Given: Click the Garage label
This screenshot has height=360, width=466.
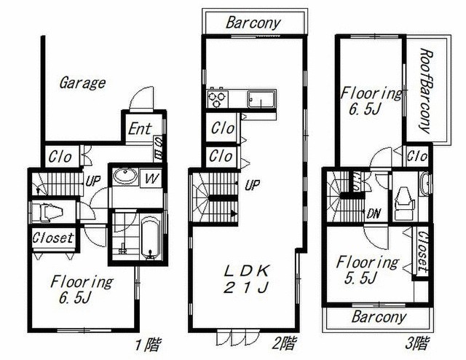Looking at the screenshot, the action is (82, 83).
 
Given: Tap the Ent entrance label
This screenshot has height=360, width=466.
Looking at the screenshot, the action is (140, 129).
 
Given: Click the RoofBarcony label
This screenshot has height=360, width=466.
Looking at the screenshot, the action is (425, 91).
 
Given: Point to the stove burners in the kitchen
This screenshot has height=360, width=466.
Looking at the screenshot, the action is (218, 98).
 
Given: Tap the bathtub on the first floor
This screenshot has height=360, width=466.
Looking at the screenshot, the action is (151, 238).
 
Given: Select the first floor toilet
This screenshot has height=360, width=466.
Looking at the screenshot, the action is (47, 213).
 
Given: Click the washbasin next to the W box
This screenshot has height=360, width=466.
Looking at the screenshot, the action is (125, 176).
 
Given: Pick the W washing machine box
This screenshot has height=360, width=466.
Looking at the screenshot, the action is (151, 179).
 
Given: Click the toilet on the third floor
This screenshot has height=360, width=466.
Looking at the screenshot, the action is (403, 203).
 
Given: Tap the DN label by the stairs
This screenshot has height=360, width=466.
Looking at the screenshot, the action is (374, 214).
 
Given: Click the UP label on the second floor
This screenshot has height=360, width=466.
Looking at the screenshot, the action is (253, 185).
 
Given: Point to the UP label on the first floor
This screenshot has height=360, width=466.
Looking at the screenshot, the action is (92, 181).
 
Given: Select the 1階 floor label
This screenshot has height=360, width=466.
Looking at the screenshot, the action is (149, 345).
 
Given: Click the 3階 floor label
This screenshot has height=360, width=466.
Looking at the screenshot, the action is (417, 343).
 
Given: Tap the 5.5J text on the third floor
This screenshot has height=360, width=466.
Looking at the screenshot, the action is (361, 278).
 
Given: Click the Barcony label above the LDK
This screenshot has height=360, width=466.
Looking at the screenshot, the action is (253, 23).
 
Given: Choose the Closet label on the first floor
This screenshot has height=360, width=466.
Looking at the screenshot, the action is (53, 238).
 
